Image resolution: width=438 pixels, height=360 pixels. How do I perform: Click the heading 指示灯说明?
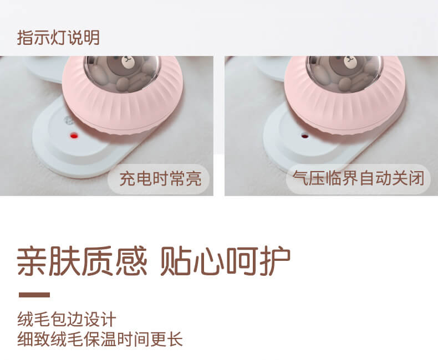tap(58, 38)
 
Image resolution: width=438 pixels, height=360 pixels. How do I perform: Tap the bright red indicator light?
tap(74, 136)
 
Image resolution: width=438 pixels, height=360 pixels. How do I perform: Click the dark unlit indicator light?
tap(304, 136)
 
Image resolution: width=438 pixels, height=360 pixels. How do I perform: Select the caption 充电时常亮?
tap(160, 179)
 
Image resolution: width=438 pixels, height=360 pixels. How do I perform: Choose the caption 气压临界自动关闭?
tap(358, 178)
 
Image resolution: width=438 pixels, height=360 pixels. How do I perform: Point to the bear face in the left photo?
tap(128, 62)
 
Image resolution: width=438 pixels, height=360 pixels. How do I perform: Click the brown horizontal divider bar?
tap(34, 295)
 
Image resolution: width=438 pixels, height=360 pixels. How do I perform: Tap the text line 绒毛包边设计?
tap(67, 320)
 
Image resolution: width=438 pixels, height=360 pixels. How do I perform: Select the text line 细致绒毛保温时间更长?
tap(100, 339)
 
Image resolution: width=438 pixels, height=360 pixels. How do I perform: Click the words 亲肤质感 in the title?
tap(82, 261)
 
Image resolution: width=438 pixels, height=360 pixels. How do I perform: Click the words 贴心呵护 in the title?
tap(225, 261)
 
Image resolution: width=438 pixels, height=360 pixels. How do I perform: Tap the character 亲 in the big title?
tap(32, 261)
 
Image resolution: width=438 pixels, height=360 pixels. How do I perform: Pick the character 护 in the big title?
tap(275, 261)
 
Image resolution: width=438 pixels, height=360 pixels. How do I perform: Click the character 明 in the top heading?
tap(91, 38)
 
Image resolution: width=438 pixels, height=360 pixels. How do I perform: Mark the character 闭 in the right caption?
tap(416, 178)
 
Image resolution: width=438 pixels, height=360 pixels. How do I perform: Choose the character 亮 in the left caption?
tap(193, 179)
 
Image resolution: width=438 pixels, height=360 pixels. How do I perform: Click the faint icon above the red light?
tap(69, 121)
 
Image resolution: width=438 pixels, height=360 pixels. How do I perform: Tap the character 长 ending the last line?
tap(175, 339)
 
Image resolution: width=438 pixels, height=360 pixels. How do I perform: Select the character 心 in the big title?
tap(208, 261)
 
